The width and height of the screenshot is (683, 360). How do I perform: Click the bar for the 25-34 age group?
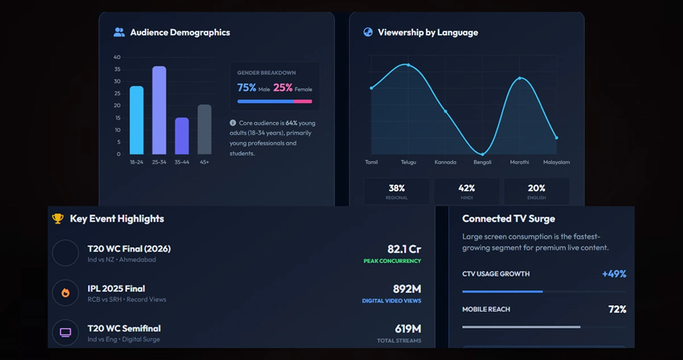pos(159,110)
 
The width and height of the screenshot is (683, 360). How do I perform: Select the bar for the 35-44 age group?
pos(182,136)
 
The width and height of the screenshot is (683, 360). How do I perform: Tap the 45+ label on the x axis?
pos(204,162)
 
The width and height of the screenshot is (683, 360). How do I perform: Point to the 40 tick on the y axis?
pos(117,57)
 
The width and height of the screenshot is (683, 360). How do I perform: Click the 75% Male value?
pos(247,87)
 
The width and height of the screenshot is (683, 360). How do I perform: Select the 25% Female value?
pos(283,87)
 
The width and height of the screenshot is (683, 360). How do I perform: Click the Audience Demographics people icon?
pos(119,32)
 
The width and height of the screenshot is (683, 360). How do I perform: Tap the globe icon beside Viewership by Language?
pos(368,32)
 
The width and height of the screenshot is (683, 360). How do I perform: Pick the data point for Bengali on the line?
pos(482,154)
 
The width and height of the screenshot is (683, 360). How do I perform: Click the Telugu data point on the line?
pos(408,65)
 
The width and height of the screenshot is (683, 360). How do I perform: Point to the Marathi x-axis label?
pos(519,162)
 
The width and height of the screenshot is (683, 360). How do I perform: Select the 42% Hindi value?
pos(467,188)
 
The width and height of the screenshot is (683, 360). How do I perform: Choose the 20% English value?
pos(536,188)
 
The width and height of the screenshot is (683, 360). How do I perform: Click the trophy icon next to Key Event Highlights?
pos(57,219)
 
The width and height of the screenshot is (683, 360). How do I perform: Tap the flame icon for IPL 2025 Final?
pos(65,293)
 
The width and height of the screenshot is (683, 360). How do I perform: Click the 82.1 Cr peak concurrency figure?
pos(404,249)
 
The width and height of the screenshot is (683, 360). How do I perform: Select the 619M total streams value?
pos(408,328)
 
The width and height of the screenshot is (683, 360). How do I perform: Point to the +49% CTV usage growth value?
pos(614,274)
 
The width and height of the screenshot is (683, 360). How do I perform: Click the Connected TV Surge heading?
pos(509,219)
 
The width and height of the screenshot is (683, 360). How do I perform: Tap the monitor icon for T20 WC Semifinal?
pos(65,332)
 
